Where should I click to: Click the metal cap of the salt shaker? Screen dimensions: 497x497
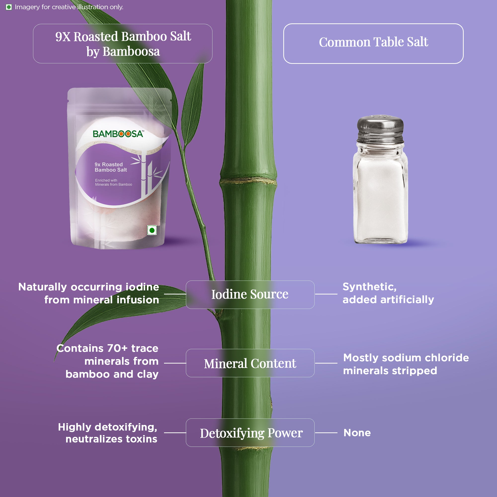click(x=380, y=129)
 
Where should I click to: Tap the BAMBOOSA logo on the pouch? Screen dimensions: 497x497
click(x=118, y=134)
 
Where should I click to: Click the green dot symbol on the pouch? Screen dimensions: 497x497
click(x=152, y=230)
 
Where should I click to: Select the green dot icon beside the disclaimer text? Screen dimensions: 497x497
click(x=9, y=7)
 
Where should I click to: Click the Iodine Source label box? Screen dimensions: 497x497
click(x=250, y=294)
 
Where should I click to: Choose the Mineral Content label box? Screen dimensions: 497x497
click(x=250, y=363)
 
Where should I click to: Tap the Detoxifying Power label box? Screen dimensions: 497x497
click(x=250, y=433)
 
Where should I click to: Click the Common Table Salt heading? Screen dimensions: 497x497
click(x=373, y=42)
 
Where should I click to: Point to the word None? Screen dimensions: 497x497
click(x=357, y=433)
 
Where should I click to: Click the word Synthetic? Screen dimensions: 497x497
click(x=370, y=287)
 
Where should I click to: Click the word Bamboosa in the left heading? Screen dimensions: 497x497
click(x=131, y=51)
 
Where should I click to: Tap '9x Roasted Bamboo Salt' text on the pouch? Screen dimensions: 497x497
click(x=111, y=167)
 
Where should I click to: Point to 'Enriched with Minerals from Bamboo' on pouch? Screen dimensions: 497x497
click(x=114, y=182)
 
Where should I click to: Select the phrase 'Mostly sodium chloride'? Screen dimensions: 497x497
click(x=406, y=358)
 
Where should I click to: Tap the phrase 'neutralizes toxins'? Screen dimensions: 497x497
click(x=111, y=439)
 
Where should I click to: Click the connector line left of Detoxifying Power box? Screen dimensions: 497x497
click(x=175, y=433)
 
